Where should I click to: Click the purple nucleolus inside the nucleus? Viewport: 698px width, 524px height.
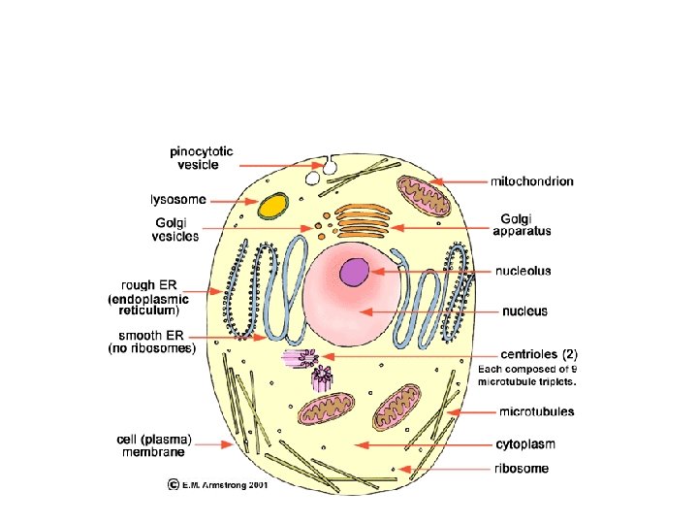355,272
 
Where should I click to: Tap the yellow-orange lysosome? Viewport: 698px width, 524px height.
273,206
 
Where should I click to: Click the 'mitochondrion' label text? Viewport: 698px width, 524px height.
531,180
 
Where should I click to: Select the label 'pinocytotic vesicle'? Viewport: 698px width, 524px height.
201,158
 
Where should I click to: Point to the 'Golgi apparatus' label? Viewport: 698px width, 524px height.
522,224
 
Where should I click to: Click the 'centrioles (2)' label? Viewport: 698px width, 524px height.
538,354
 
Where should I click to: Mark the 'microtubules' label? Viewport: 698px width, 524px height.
536,411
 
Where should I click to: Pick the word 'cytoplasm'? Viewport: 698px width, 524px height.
524,444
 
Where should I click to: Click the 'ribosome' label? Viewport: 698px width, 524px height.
522,469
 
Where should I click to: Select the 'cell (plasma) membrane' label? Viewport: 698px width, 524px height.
153,444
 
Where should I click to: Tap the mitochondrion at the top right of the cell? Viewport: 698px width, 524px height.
423,197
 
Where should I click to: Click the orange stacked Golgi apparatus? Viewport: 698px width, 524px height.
365,220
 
